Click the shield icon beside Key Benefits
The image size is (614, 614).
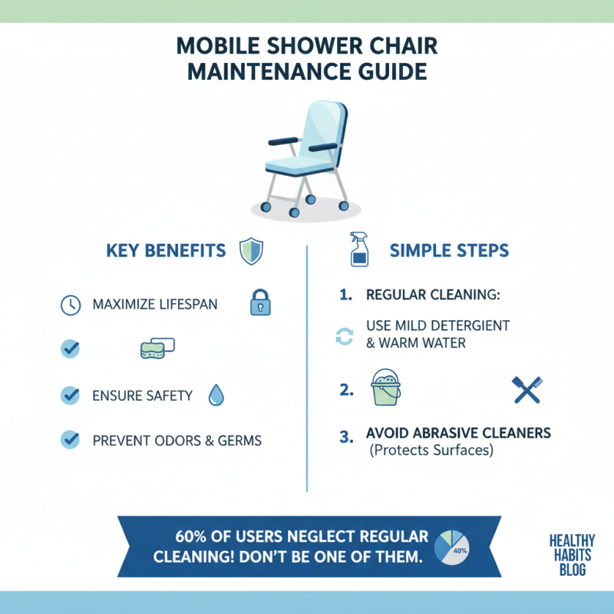click(252, 251)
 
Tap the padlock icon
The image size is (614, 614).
click(261, 304)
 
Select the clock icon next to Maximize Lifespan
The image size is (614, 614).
click(70, 305)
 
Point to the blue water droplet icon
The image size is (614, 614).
click(216, 395)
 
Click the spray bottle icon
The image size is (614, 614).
click(358, 249)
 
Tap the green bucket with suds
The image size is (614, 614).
click(386, 388)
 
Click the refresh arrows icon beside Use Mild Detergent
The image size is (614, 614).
click(344, 335)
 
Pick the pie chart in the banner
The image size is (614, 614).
click(454, 546)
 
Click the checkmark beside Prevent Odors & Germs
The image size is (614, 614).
click(70, 440)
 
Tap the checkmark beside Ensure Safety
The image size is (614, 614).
click(70, 395)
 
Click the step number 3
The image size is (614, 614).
click(345, 435)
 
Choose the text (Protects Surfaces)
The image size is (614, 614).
click(430, 451)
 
